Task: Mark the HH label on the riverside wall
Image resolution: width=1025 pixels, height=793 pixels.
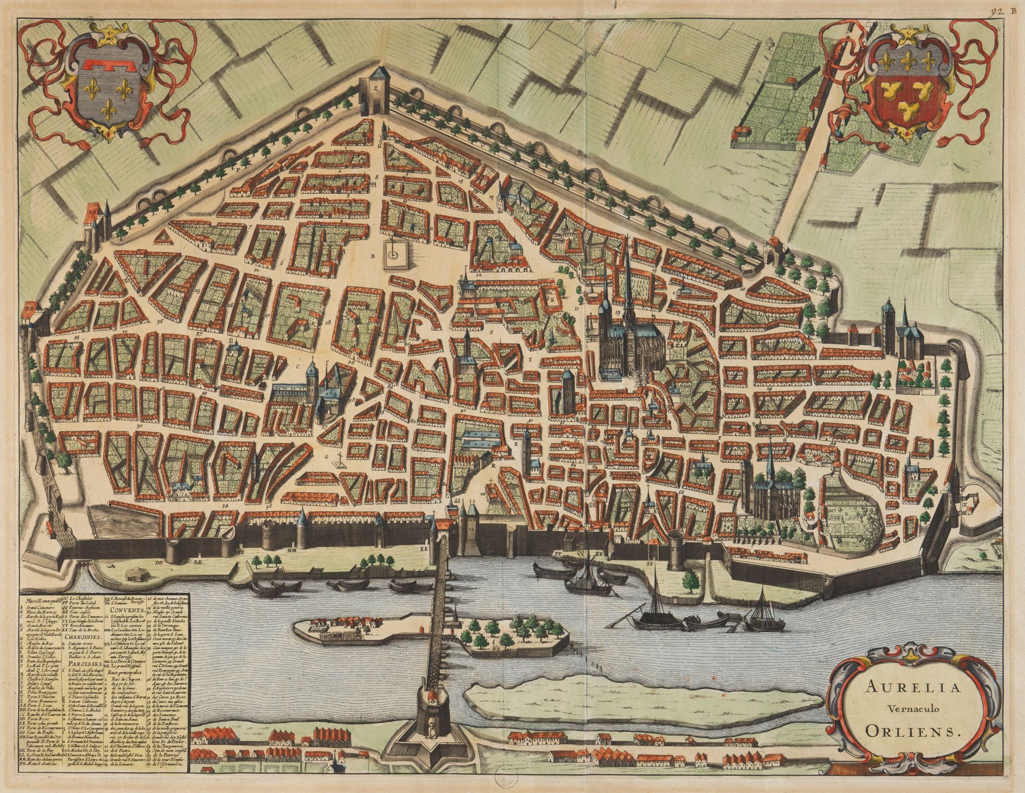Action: (x=293, y=551)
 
